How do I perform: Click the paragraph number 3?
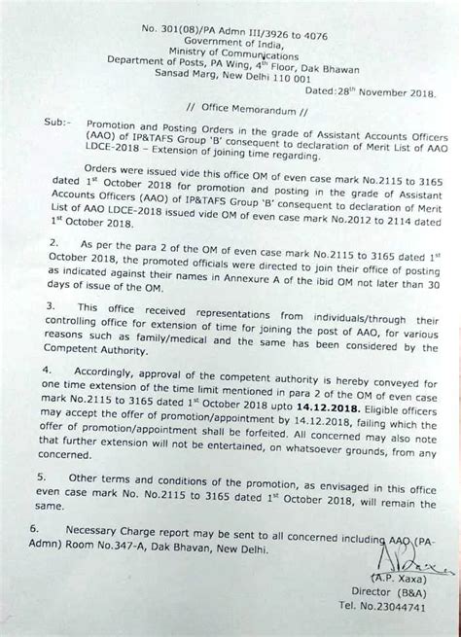(x=49, y=334)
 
